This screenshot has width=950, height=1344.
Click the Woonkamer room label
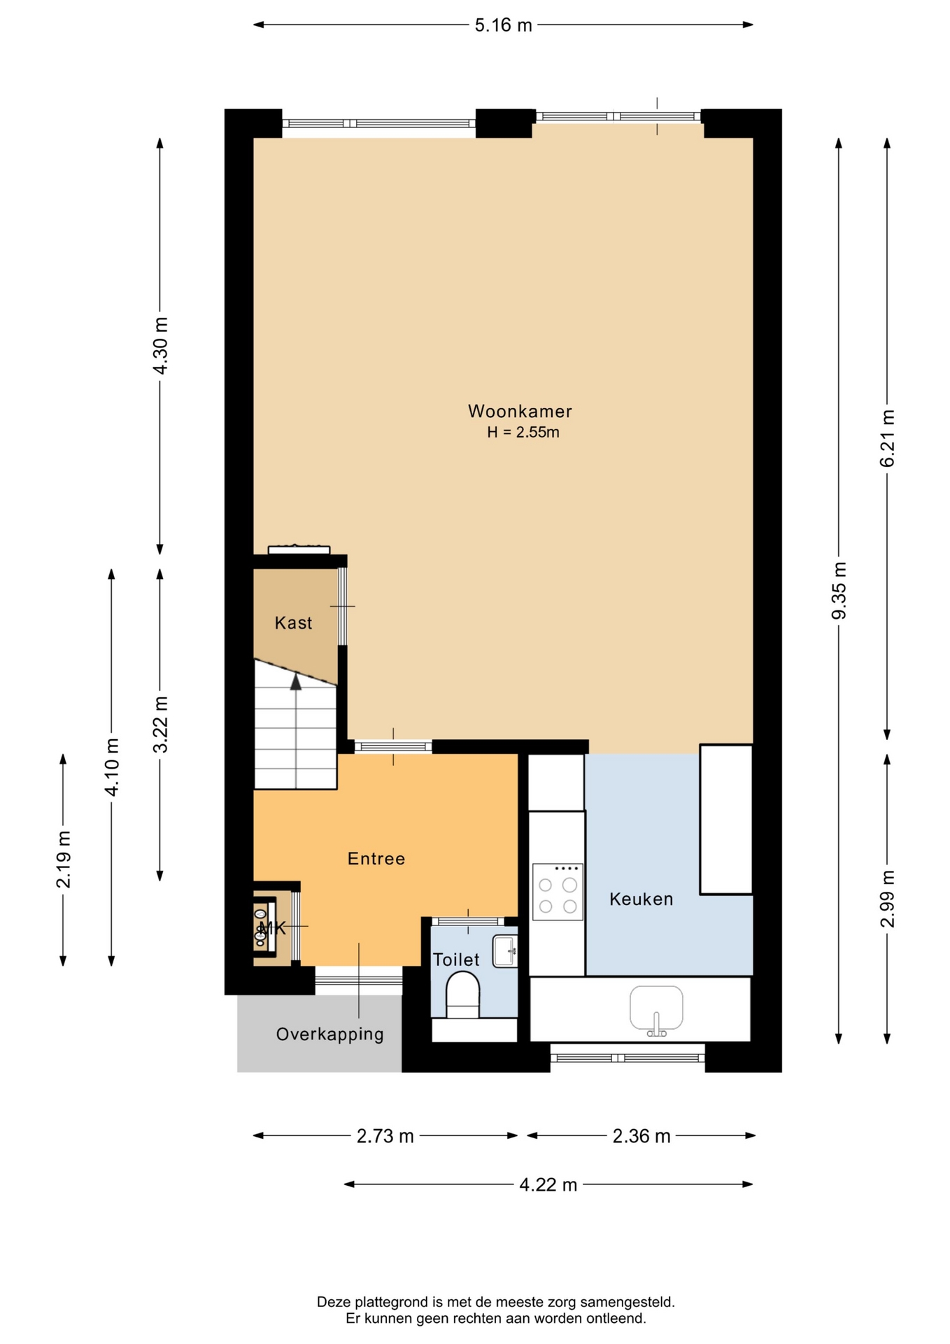click(520, 411)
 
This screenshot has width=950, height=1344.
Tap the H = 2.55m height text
click(523, 433)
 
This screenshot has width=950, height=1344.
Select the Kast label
click(293, 623)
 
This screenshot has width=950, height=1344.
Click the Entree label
click(376, 859)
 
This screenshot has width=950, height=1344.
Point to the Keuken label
click(641, 899)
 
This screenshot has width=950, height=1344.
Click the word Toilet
click(456, 960)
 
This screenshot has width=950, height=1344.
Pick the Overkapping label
click(330, 1035)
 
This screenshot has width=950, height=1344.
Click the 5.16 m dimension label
click(503, 25)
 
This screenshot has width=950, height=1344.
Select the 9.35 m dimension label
click(839, 591)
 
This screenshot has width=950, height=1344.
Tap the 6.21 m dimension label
click(887, 438)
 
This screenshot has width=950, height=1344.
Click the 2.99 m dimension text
click(887, 899)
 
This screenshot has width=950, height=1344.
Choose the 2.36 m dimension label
click(641, 1136)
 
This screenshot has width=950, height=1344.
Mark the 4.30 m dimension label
click(160, 346)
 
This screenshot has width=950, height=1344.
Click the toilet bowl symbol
click(463, 995)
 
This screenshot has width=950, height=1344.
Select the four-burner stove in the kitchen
click(558, 892)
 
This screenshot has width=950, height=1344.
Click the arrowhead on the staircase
click(296, 682)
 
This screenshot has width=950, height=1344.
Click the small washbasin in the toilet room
click(504, 951)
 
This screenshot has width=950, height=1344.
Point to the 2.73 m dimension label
click(385, 1136)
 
